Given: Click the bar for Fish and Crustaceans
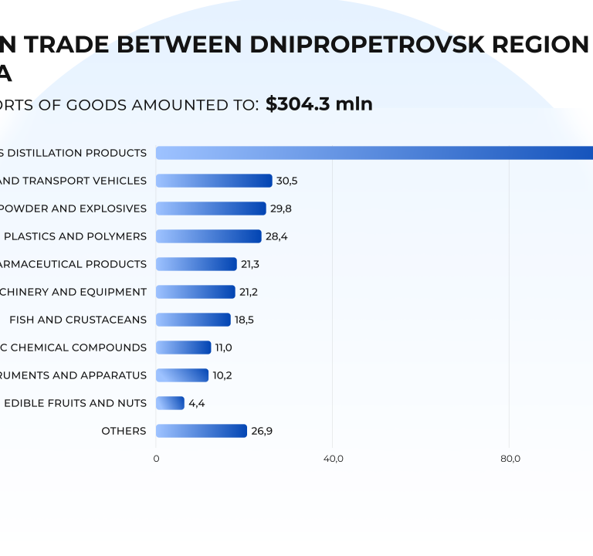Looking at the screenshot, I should (193, 320).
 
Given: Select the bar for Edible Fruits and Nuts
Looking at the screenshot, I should (170, 403).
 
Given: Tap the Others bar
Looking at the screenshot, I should (202, 431).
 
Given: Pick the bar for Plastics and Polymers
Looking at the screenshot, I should (208, 236).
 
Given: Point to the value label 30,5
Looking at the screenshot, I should (286, 181).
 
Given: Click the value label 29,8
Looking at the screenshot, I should (281, 208).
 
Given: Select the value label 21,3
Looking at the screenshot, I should (250, 264).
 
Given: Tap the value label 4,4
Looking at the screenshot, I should (197, 403).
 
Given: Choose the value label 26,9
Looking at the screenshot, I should (262, 431).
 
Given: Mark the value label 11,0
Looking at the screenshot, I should (223, 347).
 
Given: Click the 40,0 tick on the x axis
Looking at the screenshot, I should (333, 459).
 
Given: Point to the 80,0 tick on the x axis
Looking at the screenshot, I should (510, 459).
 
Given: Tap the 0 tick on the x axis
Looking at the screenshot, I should (156, 459).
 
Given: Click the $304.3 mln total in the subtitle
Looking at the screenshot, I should (319, 104).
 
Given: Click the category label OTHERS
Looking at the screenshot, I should (124, 431).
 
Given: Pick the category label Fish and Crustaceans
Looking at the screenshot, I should (78, 320).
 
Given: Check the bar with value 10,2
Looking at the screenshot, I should (182, 375).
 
